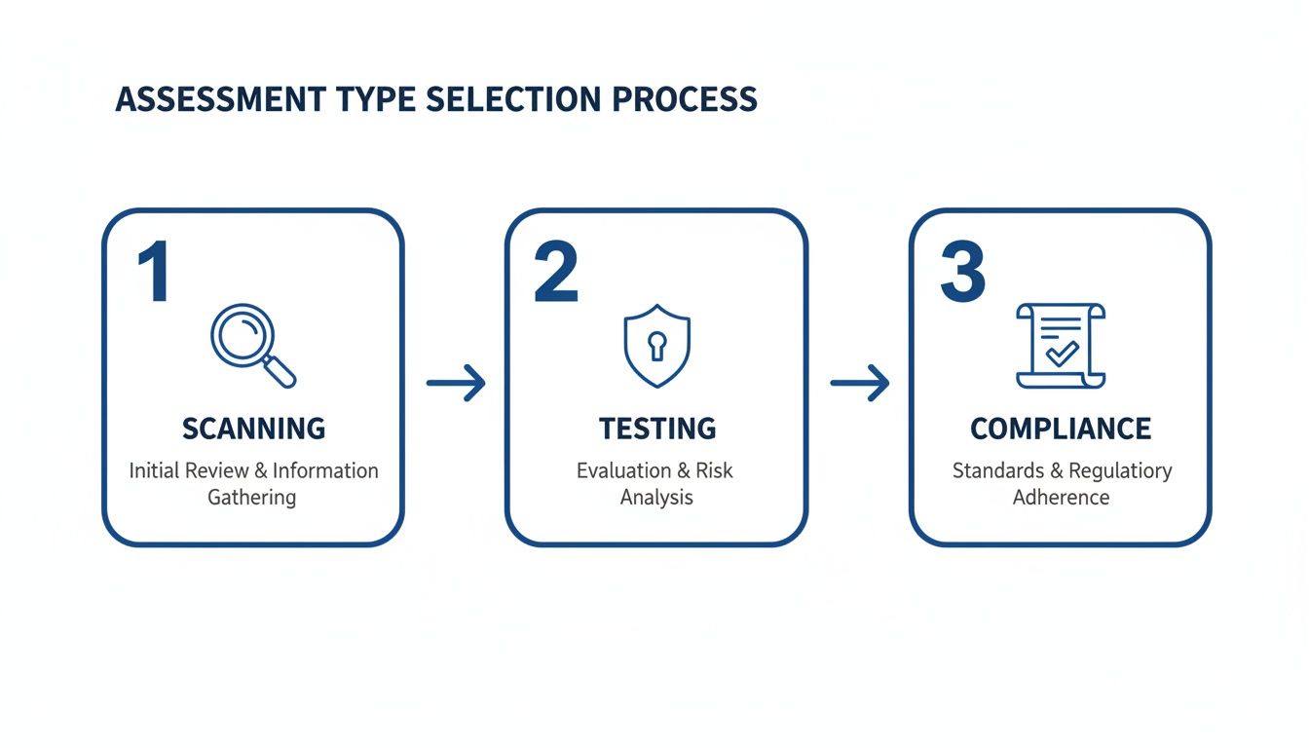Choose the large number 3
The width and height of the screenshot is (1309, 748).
coord(962,273)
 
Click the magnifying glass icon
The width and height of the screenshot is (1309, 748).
coord(252,345)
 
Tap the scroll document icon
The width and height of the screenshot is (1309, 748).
coord(1061,345)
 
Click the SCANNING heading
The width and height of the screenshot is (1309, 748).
coord(253,429)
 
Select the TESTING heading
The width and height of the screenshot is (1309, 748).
coord(657,429)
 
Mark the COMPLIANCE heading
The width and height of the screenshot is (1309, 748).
coord(1061,429)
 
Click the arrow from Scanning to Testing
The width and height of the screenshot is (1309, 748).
coord(456,383)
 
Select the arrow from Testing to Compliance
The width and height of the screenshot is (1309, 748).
coord(859,383)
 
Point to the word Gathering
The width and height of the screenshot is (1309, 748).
coord(251,498)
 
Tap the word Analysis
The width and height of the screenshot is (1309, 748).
coord(656,498)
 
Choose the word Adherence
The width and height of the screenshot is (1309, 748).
coord(1061,498)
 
